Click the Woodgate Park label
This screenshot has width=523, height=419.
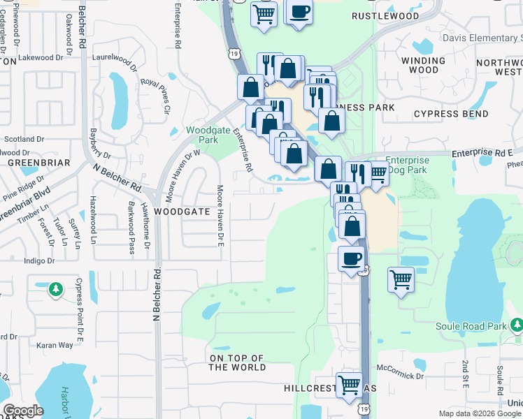203,135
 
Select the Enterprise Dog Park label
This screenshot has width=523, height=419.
407,165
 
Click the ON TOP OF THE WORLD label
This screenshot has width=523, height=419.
237,362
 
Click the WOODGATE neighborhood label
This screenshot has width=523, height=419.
182,210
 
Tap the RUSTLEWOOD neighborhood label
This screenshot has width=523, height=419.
385,15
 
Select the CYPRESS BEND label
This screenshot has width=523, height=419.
451,113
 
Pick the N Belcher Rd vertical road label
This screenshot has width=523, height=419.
157,293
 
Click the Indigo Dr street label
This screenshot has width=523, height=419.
39,260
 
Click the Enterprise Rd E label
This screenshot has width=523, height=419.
482,152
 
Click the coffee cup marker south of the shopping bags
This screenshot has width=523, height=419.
352,258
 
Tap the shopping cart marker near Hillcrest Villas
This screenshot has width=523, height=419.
349,383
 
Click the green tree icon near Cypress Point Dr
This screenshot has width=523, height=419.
55,288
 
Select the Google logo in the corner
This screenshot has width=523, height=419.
23,410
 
